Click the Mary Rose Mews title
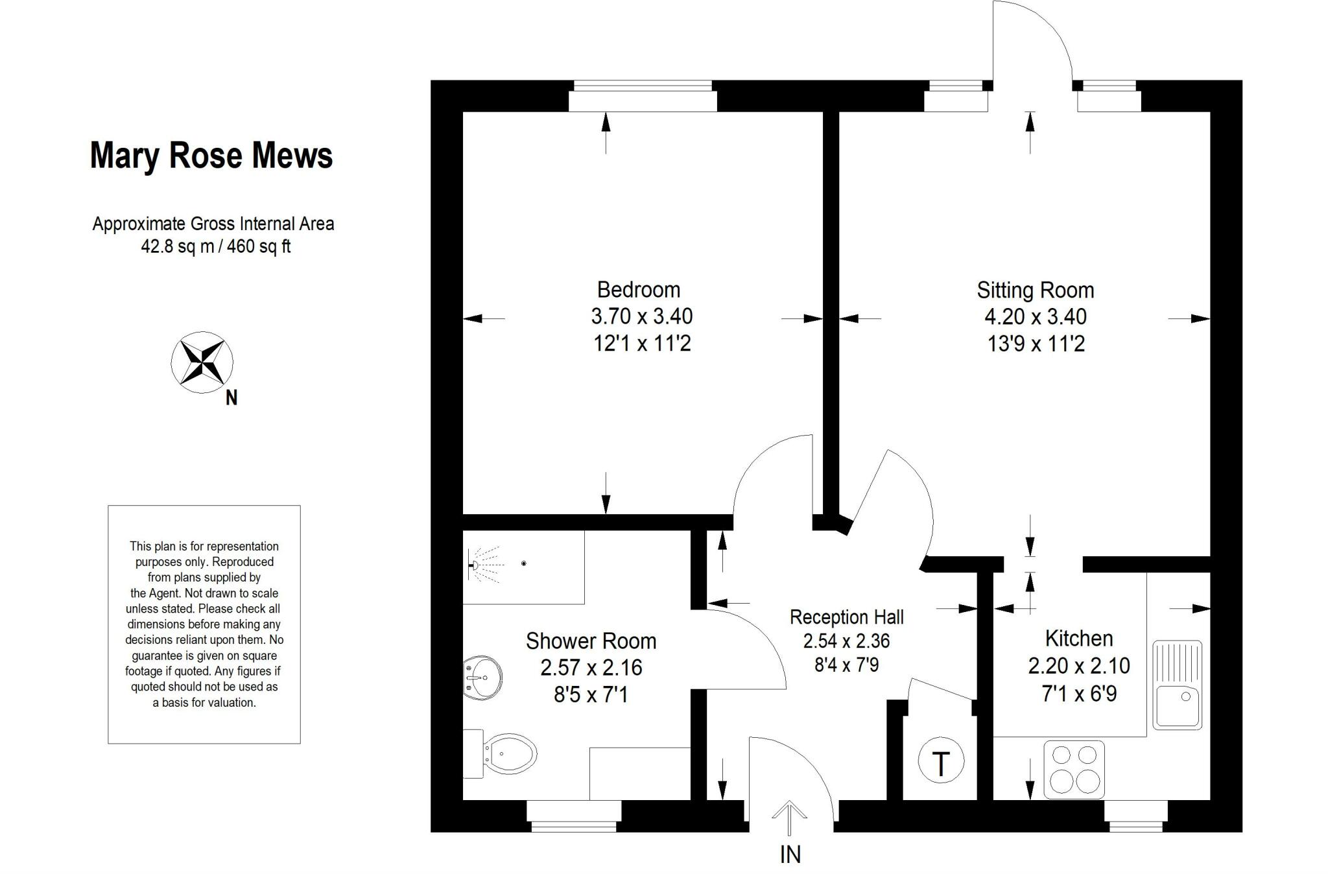point(211,156)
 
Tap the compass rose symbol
point(202,362)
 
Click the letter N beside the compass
point(231,397)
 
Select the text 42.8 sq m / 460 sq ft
point(216,246)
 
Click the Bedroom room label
point(638,289)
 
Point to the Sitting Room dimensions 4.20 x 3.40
point(1035,317)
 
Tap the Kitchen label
point(1078,639)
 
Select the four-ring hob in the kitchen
point(1074,770)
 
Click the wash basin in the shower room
point(482,678)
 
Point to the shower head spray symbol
point(485,565)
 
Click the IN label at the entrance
point(790,855)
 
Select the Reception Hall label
point(846,617)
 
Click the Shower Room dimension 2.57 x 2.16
point(591,667)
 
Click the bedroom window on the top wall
point(642,97)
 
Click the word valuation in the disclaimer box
point(228,702)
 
